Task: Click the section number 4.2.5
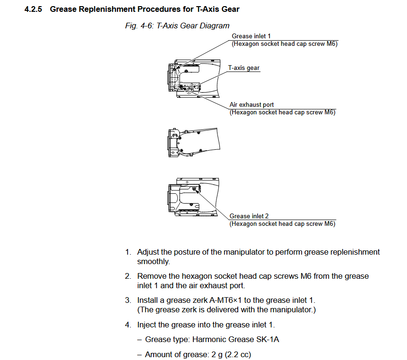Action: pos(34,9)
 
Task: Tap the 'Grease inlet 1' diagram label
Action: pos(251,36)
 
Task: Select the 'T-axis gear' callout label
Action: pos(244,68)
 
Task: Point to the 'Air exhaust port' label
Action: pos(251,105)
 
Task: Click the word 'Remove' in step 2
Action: pos(151,276)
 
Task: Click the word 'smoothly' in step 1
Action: pos(153,261)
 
